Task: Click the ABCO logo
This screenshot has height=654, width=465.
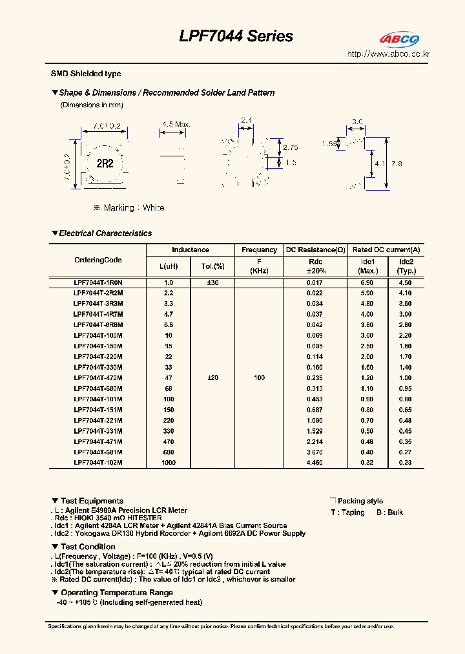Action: click(x=399, y=40)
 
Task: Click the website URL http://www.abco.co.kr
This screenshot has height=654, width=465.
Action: click(x=388, y=54)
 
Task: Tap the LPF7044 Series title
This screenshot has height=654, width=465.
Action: click(x=236, y=36)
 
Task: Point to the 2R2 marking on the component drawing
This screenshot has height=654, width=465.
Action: click(x=105, y=163)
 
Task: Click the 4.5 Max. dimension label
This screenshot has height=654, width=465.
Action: click(x=176, y=124)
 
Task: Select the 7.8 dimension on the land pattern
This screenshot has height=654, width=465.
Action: click(x=396, y=164)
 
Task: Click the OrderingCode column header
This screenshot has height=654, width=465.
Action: click(x=98, y=260)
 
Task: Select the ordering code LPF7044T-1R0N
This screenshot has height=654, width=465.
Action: click(x=98, y=282)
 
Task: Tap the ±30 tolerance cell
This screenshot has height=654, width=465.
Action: click(x=212, y=282)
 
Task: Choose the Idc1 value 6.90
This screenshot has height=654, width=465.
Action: click(x=367, y=282)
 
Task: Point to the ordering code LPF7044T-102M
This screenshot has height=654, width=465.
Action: click(x=98, y=463)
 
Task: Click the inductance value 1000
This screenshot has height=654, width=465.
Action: click(x=169, y=463)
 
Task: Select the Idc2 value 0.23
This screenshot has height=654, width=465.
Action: click(x=406, y=463)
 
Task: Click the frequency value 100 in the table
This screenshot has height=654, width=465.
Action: click(x=259, y=377)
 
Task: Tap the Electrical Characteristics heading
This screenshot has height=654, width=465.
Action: click(x=105, y=233)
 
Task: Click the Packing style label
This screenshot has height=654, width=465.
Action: click(x=360, y=501)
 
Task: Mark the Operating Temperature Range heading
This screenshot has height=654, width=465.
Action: click(x=116, y=593)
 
